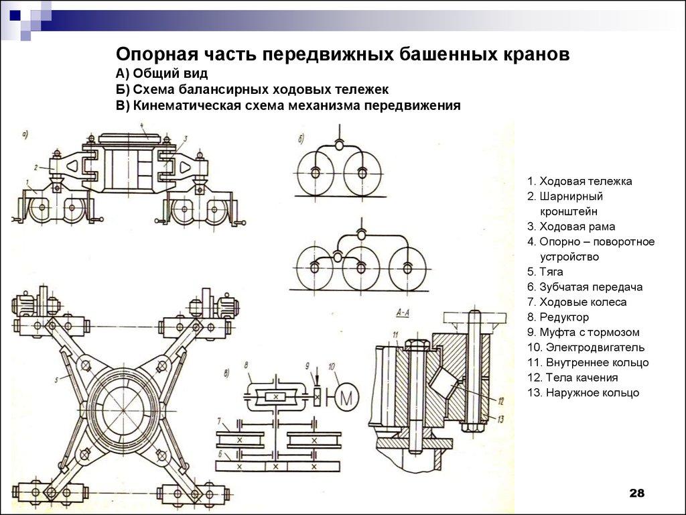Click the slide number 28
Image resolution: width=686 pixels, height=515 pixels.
(x=636, y=494)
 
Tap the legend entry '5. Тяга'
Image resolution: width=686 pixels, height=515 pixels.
(x=545, y=272)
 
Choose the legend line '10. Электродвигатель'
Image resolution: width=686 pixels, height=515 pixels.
(x=586, y=347)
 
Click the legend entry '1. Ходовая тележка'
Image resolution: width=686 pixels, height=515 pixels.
(x=579, y=181)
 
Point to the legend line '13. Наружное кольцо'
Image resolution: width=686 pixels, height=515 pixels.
(x=583, y=392)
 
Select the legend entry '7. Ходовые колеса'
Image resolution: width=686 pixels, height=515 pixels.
(x=577, y=302)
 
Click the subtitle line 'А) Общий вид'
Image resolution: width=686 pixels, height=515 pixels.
(x=162, y=73)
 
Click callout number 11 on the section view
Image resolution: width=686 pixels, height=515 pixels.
(x=396, y=335)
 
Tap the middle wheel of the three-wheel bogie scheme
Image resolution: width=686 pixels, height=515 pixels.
(x=361, y=268)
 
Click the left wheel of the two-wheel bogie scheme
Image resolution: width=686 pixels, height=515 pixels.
(x=316, y=172)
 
